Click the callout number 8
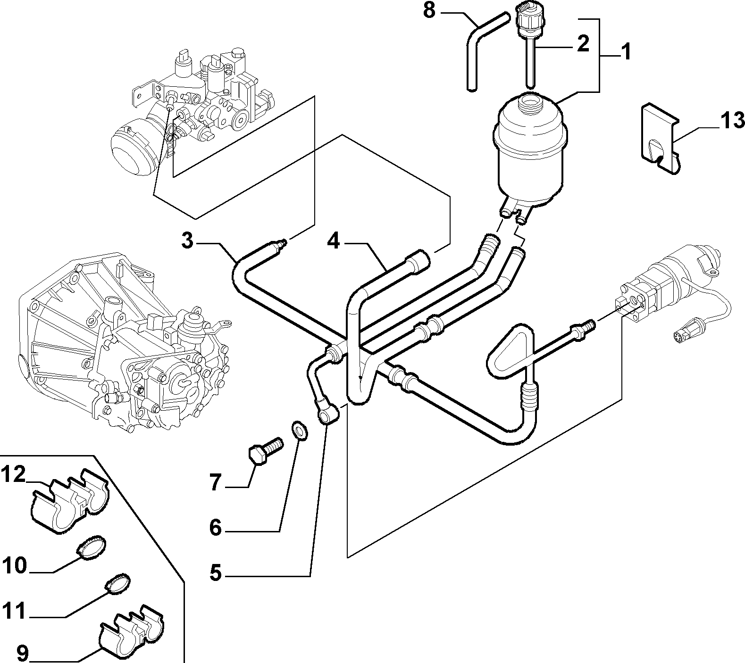point(428,10)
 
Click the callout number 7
point(216,572)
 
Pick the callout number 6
point(216,528)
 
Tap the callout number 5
point(215,483)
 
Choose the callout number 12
point(13,475)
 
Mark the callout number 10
point(22,653)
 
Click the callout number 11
point(14,565)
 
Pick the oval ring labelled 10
point(92,547)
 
